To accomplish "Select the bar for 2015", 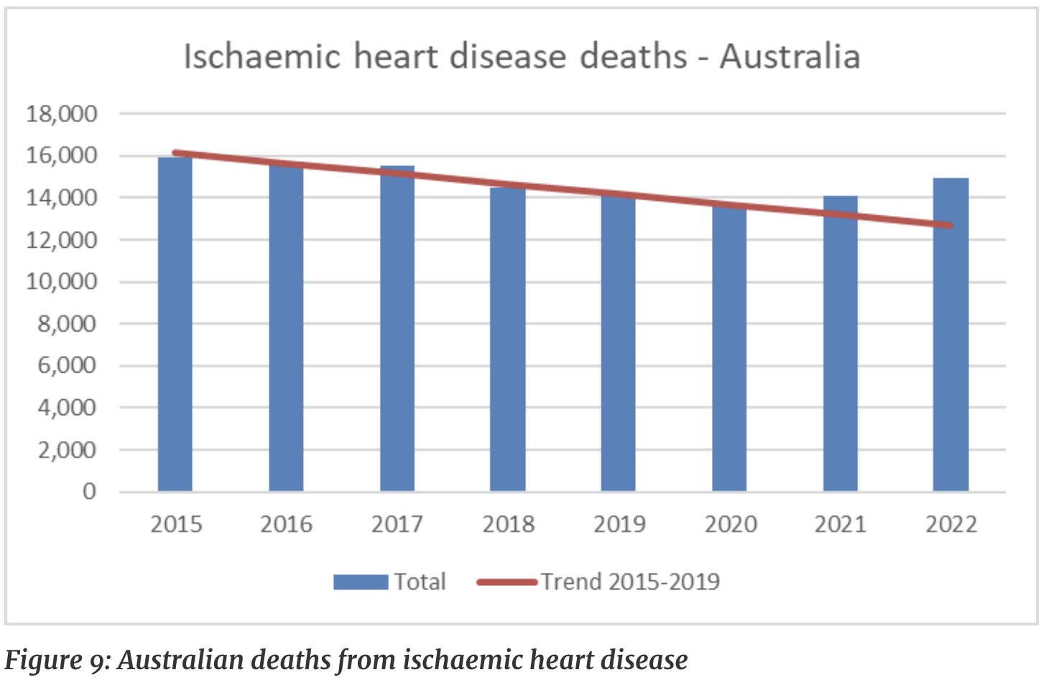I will (175, 324).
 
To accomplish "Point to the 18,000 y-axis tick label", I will (62, 113).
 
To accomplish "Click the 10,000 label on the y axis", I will (62, 281).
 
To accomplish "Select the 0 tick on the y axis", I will (89, 492).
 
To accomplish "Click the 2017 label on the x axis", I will (397, 525).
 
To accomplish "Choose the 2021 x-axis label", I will (841, 525).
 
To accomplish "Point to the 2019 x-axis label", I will (619, 525).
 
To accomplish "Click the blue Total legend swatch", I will (361, 582).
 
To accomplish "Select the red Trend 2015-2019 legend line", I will (507, 582).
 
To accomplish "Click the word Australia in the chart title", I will (790, 57).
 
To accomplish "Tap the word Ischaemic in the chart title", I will (261, 57).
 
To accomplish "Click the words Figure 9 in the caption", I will (55, 660).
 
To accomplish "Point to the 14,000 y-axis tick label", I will (62, 197).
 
